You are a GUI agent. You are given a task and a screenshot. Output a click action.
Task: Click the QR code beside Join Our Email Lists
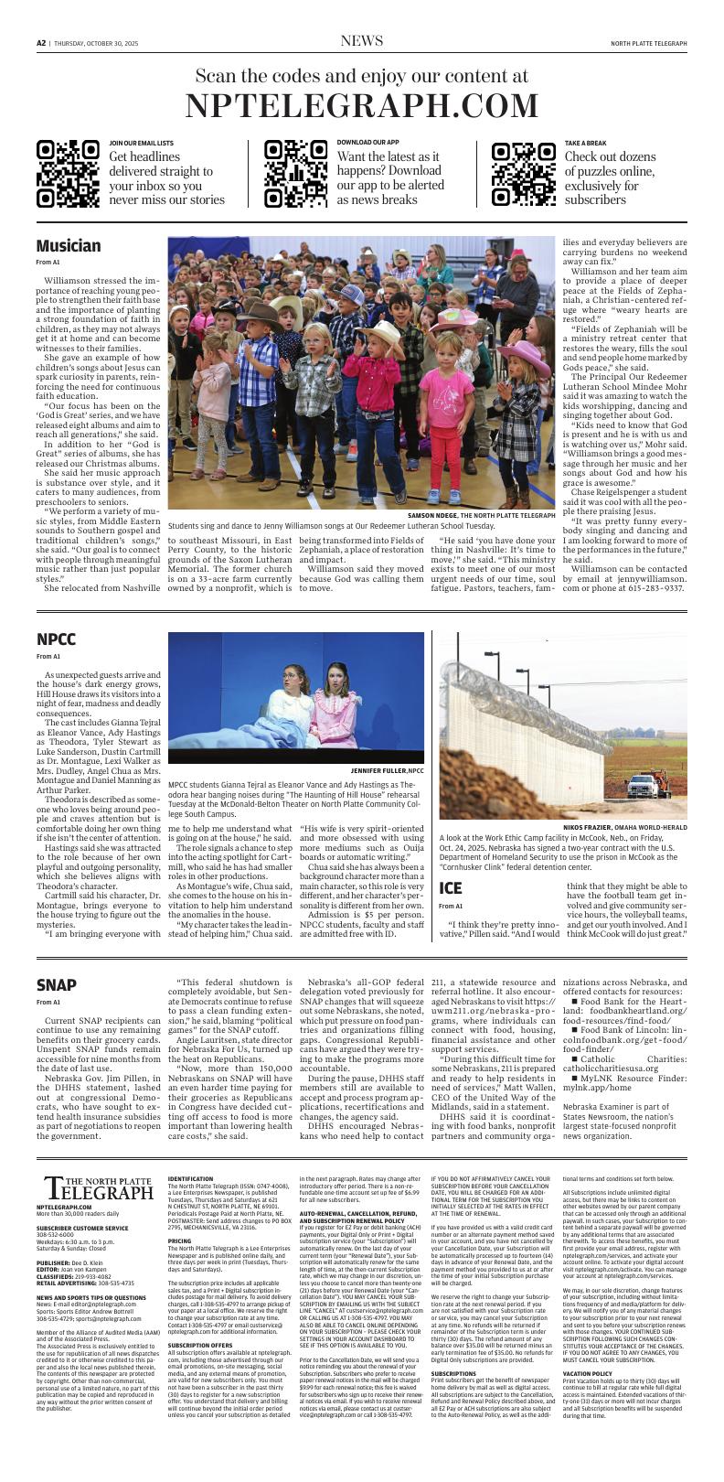coord(68,174)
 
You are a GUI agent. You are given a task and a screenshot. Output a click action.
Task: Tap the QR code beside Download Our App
coord(295,174)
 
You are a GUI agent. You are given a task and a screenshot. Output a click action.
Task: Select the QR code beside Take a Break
coord(523,174)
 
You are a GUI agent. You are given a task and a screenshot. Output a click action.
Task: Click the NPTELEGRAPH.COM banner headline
coord(362,106)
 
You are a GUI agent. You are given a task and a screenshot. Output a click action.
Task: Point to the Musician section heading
coord(69,246)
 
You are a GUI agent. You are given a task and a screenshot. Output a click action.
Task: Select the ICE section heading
coord(451,888)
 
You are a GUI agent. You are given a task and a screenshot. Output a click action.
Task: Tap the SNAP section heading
coord(57,984)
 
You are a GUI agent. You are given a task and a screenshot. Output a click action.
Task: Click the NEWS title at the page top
coord(361,41)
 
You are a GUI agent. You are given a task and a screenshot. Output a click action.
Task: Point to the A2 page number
coord(41,42)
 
